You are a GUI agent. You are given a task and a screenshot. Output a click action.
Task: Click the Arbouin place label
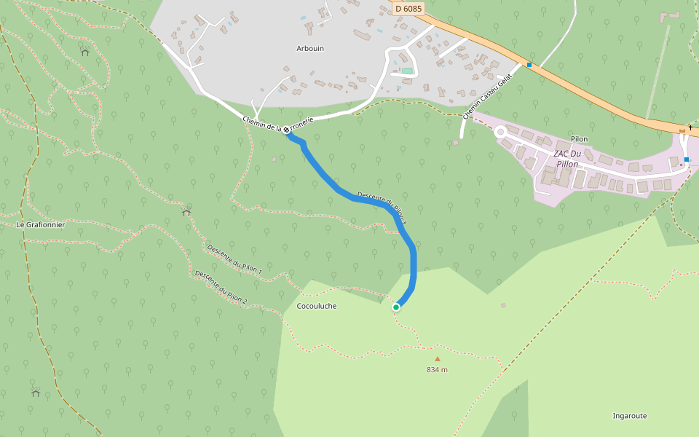coord(310,49)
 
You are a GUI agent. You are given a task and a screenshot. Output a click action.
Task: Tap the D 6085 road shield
coord(408,9)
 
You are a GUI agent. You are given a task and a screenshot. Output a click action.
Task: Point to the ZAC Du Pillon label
coord(567,159)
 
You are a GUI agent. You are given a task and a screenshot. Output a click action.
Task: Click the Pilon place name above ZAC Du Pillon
coord(579,139)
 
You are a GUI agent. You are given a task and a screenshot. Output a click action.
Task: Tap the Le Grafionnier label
coord(41,225)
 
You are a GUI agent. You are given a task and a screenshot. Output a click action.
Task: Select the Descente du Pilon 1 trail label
coord(234,259)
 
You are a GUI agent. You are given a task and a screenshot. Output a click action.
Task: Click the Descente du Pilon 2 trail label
coord(221,287)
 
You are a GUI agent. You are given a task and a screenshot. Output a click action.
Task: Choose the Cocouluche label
coord(317,306)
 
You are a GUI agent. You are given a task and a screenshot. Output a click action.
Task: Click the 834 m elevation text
coord(437,370)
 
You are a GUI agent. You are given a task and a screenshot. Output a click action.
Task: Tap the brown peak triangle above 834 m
coord(438,358)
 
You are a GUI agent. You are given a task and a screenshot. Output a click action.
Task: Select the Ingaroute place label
coord(630,416)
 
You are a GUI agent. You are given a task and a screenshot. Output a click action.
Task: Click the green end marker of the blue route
coord(396,307)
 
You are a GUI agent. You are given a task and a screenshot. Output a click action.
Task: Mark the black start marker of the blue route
coord(286,129)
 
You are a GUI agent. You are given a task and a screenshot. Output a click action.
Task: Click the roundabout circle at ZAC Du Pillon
coord(500,132)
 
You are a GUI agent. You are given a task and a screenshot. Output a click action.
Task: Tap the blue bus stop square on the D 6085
coord(529,65)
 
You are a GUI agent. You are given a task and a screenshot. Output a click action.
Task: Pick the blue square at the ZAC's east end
coord(686,159)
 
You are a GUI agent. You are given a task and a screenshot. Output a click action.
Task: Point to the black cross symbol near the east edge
coord(690,128)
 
